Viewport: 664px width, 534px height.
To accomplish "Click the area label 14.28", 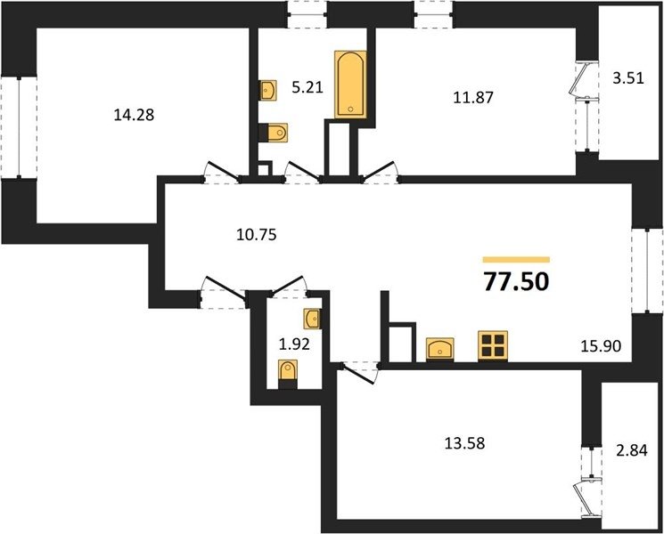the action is [134, 114].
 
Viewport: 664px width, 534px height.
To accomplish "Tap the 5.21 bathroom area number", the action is [307, 87].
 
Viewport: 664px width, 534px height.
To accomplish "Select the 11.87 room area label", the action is [473, 98].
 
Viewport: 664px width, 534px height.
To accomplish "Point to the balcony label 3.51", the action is [628, 78].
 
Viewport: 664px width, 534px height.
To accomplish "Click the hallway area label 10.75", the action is [257, 234].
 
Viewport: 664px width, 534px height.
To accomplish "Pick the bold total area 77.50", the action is [516, 282].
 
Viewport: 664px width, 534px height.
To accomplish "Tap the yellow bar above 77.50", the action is [516, 260].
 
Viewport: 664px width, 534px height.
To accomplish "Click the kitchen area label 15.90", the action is [601, 346].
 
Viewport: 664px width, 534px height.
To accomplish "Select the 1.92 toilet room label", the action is [294, 344].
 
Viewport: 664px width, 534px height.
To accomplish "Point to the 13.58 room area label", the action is [464, 443].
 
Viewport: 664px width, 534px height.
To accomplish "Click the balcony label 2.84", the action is [632, 450].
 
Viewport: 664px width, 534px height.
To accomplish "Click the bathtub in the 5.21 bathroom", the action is [350, 85].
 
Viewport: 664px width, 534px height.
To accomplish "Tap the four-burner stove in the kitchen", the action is [493, 346].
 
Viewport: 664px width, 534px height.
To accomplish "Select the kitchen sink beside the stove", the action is [440, 349].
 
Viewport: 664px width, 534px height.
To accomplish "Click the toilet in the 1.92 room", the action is [288, 374].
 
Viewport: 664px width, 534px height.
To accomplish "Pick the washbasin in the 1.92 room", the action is [312, 319].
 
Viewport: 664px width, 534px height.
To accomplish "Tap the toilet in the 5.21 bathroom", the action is [273, 133].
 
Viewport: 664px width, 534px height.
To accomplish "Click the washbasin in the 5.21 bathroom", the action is [268, 90].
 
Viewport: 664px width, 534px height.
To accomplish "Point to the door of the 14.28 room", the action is [222, 173].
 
